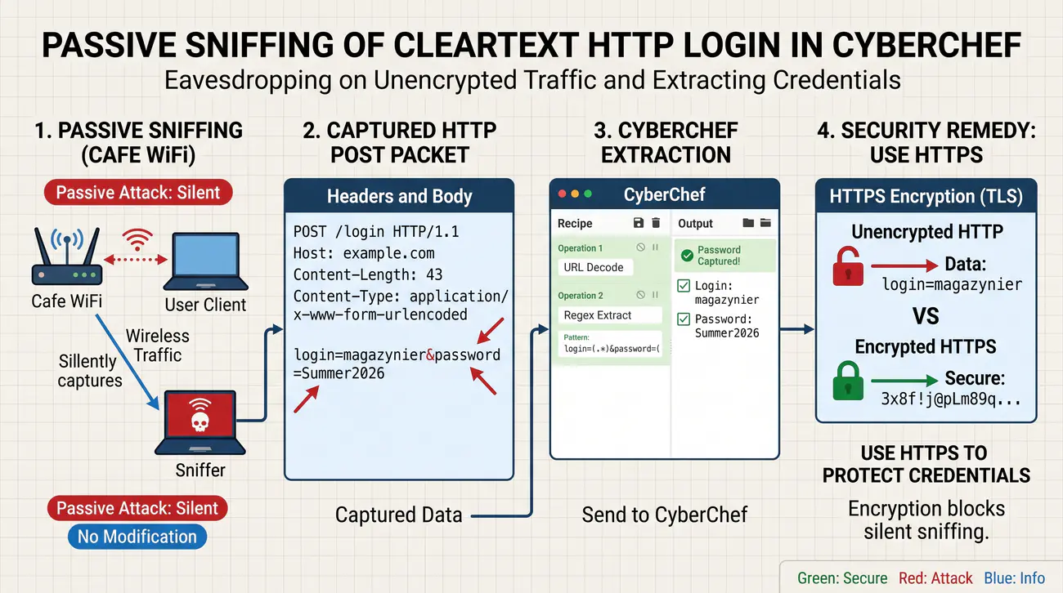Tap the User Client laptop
click(205, 261)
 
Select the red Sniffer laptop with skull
click(200, 422)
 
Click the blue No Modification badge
click(137, 537)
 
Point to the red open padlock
click(848, 266)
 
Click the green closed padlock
click(848, 381)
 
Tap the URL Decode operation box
click(595, 267)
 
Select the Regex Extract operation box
click(610, 315)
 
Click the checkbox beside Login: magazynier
click(684, 286)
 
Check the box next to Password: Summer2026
click(684, 319)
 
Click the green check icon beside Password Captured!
click(687, 256)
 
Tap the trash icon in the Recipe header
click(656, 223)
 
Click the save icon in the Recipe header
click(639, 223)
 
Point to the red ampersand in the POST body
click(430, 355)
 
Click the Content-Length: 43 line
click(368, 274)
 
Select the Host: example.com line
click(364, 253)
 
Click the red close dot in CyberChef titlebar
click(563, 194)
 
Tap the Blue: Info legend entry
click(1014, 577)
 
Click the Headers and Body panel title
click(400, 196)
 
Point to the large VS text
click(926, 316)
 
